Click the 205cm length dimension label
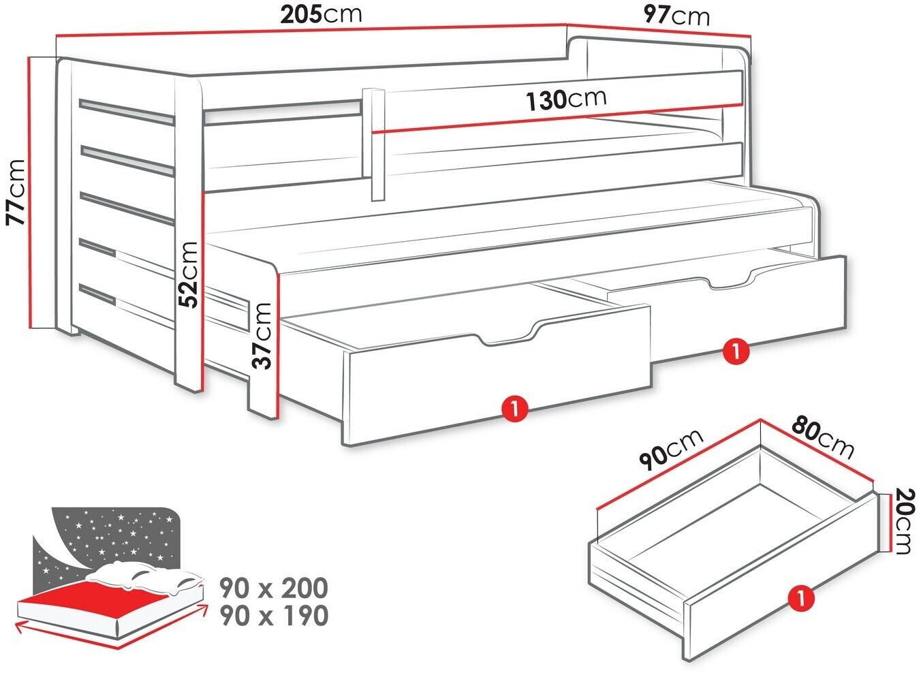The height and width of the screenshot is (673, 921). [321, 15]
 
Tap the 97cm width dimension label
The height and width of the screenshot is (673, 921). [676, 16]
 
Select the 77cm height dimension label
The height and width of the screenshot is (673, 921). [16, 192]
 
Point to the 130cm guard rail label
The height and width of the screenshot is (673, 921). [566, 100]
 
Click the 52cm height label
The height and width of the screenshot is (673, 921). [189, 275]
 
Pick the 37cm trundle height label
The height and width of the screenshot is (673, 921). [262, 336]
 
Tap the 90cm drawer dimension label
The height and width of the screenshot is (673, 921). [670, 450]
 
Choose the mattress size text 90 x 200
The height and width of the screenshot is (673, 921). [274, 588]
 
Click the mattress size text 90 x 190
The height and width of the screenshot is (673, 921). [274, 616]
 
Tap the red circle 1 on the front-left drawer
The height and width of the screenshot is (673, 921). [514, 409]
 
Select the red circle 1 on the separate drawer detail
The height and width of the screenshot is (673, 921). [800, 599]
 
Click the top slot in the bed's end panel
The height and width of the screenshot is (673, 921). [127, 112]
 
